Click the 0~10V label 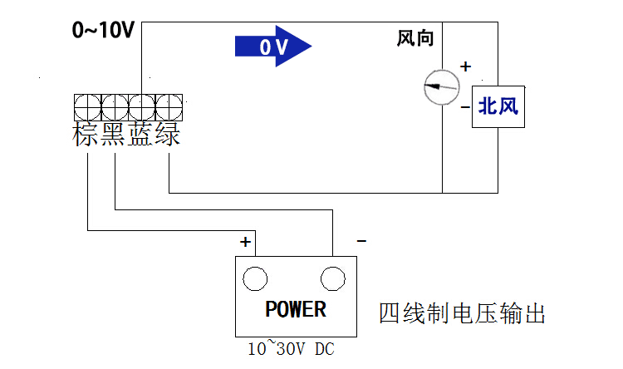[103, 32]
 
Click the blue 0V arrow [273, 47]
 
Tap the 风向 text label [415, 38]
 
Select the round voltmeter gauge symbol [441, 86]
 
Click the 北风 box [498, 106]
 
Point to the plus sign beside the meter [465, 66]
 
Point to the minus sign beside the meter [465, 106]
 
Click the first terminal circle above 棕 [87, 106]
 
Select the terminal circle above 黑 [115, 106]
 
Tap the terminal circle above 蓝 [142, 106]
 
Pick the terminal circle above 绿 [169, 106]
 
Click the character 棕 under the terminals [87, 135]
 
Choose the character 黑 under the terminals [114, 135]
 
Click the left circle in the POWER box [255, 278]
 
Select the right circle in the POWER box [333, 278]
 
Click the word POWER [296, 310]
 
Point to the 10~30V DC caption [291, 350]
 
